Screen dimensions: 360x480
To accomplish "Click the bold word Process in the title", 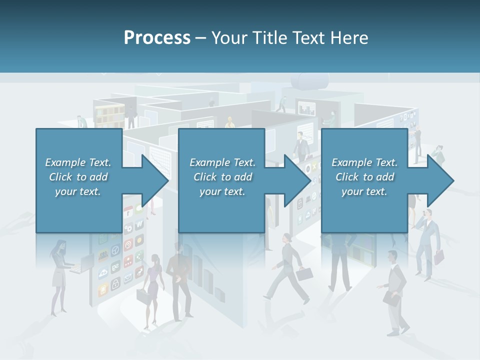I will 157,37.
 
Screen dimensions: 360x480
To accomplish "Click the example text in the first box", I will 78,177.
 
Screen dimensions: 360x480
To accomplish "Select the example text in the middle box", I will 222,177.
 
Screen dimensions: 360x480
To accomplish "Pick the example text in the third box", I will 364,177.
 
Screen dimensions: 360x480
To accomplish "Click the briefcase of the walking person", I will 304,274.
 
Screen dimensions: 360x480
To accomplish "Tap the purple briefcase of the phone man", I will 438,257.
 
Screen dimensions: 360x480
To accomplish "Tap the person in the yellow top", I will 229,123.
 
